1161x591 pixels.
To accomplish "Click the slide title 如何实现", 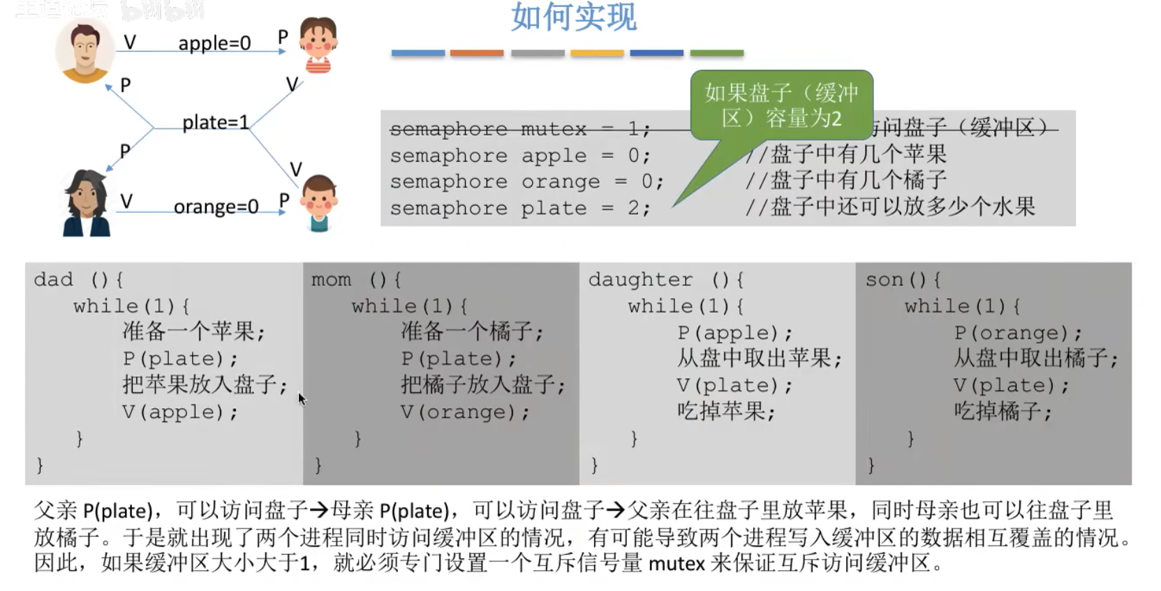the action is [573, 17].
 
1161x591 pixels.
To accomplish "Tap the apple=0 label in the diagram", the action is [214, 43].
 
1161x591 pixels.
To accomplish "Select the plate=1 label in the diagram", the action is [215, 123].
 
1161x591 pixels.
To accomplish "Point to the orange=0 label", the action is [216, 207].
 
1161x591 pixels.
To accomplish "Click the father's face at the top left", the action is [84, 50].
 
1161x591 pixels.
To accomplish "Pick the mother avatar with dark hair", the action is [87, 203].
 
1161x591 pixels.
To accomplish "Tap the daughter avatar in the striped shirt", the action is [318, 45].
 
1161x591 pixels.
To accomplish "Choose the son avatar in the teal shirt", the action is [319, 202].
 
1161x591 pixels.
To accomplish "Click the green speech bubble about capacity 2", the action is [781, 105].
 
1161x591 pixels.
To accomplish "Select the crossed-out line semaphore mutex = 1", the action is [519, 129].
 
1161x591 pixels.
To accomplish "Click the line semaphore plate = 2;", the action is [519, 208].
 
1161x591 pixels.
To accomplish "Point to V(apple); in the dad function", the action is [180, 412].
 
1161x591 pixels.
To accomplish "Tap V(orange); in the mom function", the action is [465, 412].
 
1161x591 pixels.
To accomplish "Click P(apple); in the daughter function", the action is [734, 333].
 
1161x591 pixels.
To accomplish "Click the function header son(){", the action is [903, 280].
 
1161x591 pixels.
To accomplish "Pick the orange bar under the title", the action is [477, 53].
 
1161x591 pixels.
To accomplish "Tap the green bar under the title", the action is [716, 53].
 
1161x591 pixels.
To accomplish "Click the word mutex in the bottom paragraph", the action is [676, 563].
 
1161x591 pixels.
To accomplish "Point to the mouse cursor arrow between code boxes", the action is [301, 398].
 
